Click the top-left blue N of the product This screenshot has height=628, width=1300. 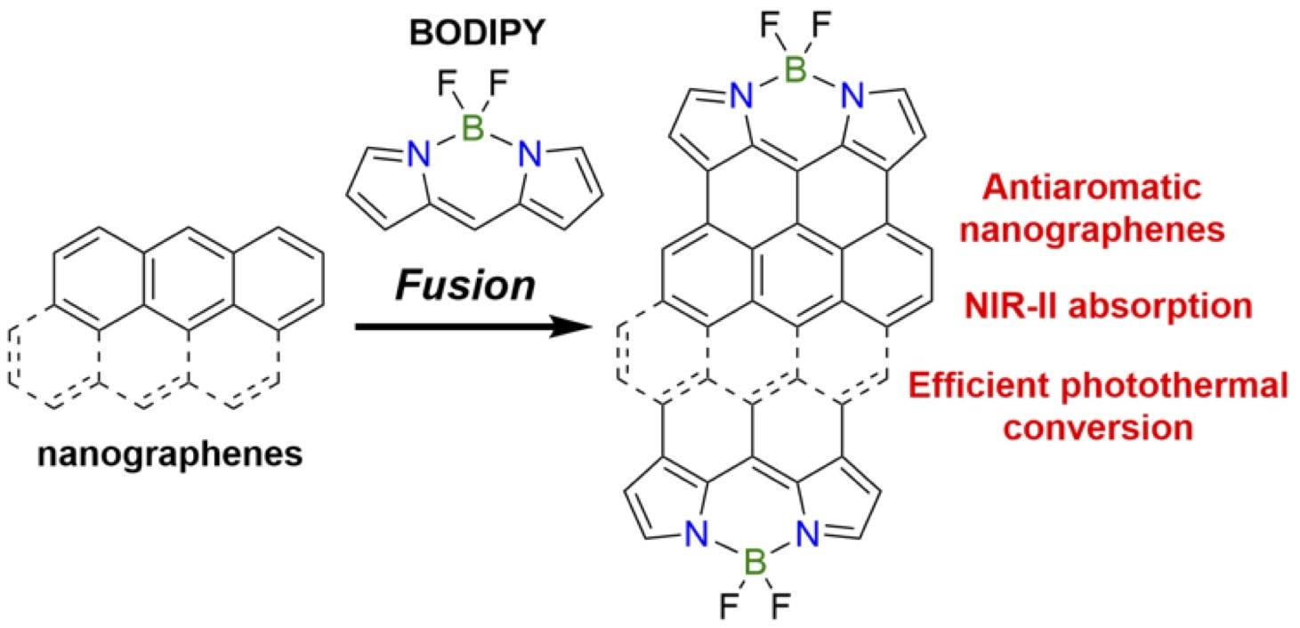point(739,99)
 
